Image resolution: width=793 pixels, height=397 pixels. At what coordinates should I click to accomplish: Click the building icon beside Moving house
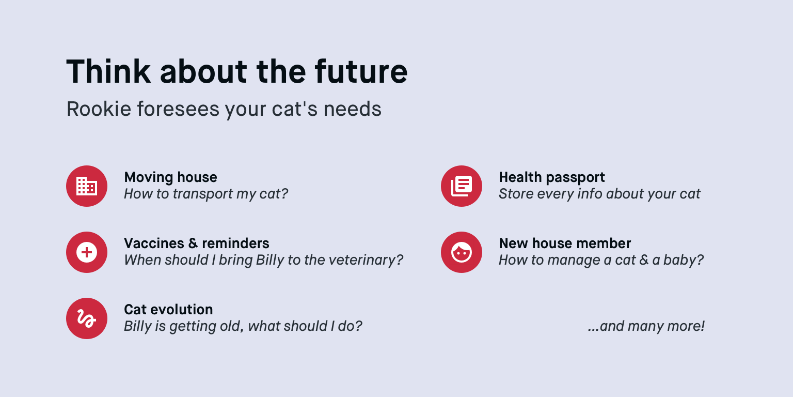[x=87, y=186]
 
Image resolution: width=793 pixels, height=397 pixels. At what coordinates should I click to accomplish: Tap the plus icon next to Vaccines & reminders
[x=87, y=252]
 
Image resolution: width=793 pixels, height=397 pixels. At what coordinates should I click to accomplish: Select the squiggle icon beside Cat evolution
[x=87, y=318]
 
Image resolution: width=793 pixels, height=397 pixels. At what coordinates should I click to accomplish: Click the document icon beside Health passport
[x=461, y=186]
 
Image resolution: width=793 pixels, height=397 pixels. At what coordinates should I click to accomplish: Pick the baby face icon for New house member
[x=461, y=252]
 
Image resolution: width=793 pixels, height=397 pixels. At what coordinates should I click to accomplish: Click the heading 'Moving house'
[x=170, y=177]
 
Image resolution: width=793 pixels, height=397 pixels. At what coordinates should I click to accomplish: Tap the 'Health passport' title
[x=551, y=177]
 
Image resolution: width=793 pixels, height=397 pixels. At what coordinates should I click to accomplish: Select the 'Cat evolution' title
[x=168, y=310]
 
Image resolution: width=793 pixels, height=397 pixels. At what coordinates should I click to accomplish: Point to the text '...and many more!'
[x=646, y=326]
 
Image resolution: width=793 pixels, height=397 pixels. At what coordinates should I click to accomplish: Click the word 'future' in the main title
[x=361, y=72]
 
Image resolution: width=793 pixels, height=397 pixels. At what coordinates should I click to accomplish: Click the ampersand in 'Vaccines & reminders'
[x=193, y=243]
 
